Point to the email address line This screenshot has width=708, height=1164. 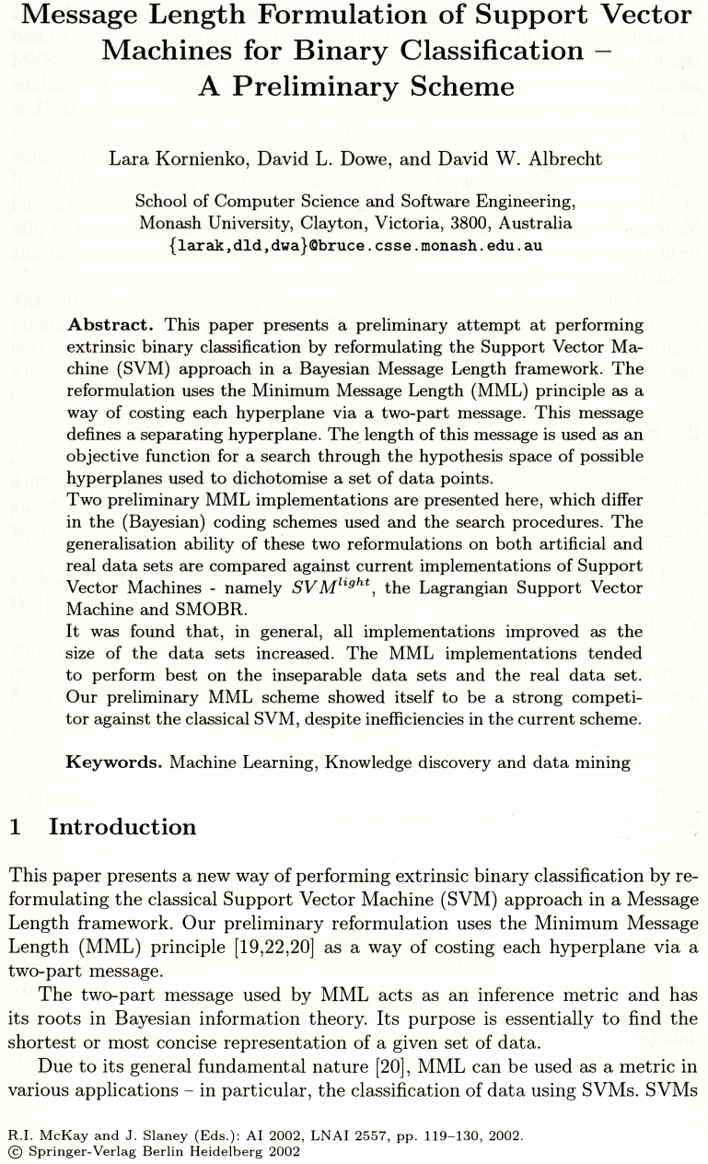pos(354,246)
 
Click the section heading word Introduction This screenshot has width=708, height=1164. pos(122,827)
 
